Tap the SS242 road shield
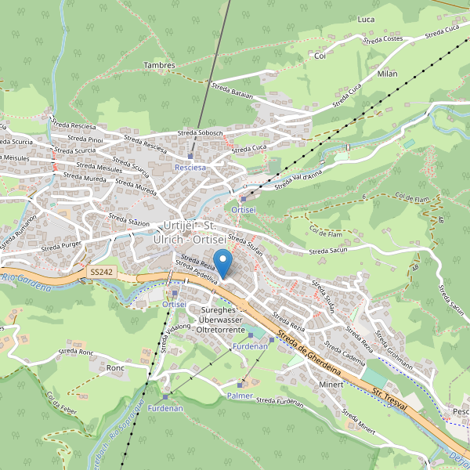[x=100, y=272]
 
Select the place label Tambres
[x=160, y=66]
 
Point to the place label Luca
[x=365, y=19]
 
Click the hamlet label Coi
[x=319, y=56]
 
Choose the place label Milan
[x=387, y=74]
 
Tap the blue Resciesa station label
[x=190, y=168]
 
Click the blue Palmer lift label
[x=240, y=396]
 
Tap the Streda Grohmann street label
[x=393, y=343]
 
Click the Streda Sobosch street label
[x=201, y=133]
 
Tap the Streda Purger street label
[x=60, y=245]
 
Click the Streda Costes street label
[x=384, y=38]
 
